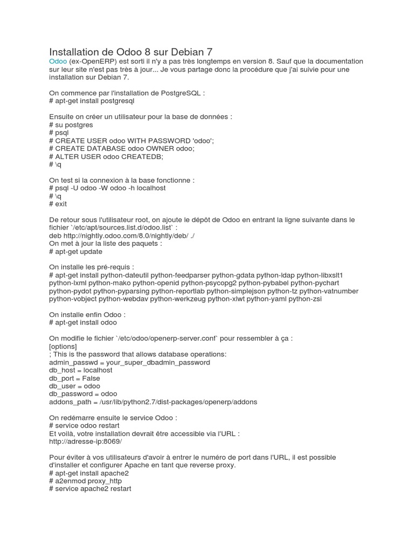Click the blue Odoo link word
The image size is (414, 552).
tap(58, 62)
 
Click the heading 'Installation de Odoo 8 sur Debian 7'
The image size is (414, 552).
tap(131, 52)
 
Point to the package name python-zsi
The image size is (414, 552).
tap(305, 299)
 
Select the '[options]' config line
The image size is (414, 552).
tap(63, 346)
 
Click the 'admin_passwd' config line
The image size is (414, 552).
tap(129, 362)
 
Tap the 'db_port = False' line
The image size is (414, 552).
tap(74, 378)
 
